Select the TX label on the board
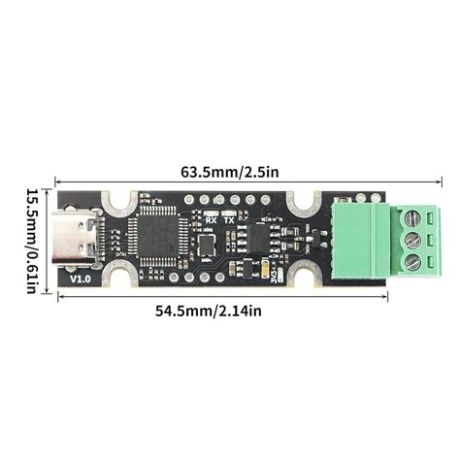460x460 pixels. pos(229,219)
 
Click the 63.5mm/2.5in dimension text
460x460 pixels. pos(230,172)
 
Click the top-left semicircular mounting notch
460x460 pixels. pos(121,200)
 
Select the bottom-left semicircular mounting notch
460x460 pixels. pos(121,278)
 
